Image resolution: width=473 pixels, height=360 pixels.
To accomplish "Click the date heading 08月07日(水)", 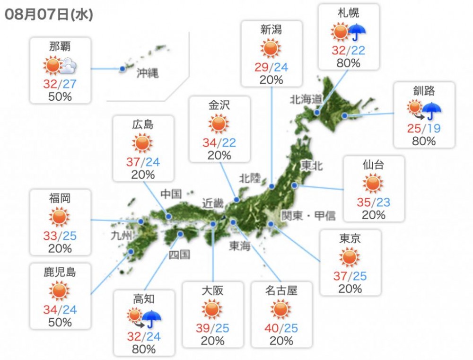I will tap(49, 15).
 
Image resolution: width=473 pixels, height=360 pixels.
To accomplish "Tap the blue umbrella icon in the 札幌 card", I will tap(358, 33).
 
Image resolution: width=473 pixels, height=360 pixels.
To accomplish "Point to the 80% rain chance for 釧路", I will tap(424, 140).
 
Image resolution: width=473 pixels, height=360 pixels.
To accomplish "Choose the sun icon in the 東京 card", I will tap(350, 258).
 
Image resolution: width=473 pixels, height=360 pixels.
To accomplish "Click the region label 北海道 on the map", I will tap(306, 99).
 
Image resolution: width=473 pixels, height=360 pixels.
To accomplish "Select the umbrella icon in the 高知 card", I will tap(152, 319).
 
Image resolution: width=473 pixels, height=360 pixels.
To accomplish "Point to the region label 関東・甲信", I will tap(308, 216).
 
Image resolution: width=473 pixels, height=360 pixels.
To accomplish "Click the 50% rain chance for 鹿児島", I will tap(60, 322).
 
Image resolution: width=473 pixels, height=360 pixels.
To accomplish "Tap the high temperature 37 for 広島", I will tap(133, 162).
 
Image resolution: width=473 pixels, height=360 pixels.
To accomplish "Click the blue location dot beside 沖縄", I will tap(123, 69).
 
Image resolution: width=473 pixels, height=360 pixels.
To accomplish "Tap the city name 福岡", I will tap(59, 198).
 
